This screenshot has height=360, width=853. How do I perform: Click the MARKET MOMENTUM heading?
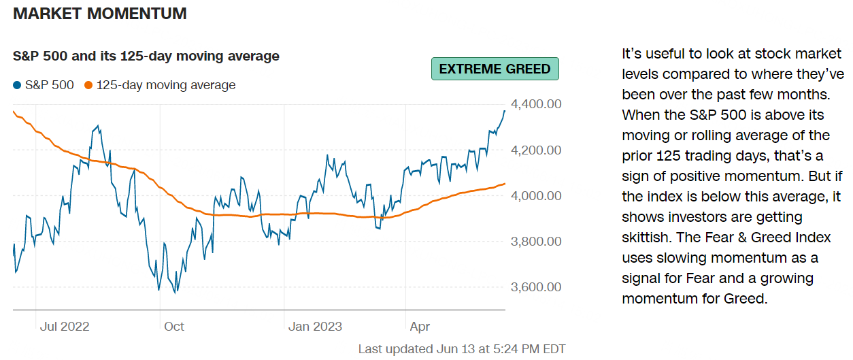tap(100, 14)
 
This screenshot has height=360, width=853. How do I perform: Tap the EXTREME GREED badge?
tap(495, 69)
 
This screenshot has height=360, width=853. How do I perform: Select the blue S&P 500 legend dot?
tap(17, 86)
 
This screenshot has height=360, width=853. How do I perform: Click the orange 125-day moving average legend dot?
tap(88, 86)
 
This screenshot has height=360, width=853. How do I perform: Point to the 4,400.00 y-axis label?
tap(537, 104)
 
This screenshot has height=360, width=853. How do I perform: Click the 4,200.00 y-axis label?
tap(537, 150)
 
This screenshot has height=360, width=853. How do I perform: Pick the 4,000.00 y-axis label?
tap(537, 195)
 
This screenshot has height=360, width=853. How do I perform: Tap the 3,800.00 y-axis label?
tap(537, 241)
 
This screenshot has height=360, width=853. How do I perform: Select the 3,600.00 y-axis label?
tap(537, 287)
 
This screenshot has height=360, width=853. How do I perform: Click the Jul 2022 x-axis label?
tap(65, 327)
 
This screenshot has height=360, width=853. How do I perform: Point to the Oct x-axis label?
tap(174, 327)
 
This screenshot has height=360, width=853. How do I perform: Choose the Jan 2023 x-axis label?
tap(314, 327)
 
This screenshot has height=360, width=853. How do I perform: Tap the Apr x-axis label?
tap(420, 327)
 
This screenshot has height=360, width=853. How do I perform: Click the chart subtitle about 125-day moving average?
tap(146, 56)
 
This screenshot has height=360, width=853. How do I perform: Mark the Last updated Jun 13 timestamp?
tap(462, 349)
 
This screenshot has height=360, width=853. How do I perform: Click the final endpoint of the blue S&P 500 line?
tap(504, 110)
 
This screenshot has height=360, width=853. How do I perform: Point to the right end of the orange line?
tap(505, 183)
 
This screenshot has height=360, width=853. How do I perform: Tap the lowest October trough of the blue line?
tap(175, 293)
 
